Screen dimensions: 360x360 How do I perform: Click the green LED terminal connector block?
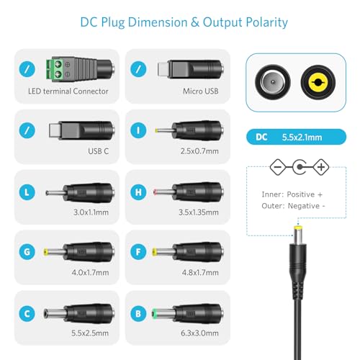[55, 69]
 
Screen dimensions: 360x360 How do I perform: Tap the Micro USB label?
[201, 91]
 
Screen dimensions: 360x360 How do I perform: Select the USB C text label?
[98, 151]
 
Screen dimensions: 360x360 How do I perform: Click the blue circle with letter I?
[138, 130]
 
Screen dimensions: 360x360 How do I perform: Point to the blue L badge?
[27, 192]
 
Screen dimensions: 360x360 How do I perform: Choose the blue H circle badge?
[138, 192]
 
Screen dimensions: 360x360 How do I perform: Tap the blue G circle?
[27, 252]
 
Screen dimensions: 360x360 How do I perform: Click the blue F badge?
[138, 252]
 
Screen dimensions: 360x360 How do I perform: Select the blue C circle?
[27, 314]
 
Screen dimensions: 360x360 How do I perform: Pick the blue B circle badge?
[138, 314]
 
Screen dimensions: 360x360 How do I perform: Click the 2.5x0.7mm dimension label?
[199, 151]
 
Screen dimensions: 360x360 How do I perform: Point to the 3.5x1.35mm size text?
[199, 212]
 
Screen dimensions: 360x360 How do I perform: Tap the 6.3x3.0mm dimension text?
[199, 333]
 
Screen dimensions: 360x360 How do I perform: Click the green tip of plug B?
[154, 314]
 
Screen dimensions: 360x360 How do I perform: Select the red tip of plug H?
[155, 192]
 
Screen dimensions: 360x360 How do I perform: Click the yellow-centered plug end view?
[318, 82]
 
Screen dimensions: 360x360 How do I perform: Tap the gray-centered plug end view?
[273, 82]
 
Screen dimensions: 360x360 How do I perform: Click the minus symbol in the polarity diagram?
[278, 167]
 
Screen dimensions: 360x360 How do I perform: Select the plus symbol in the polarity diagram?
[321, 167]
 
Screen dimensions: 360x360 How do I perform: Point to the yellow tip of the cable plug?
[298, 228]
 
